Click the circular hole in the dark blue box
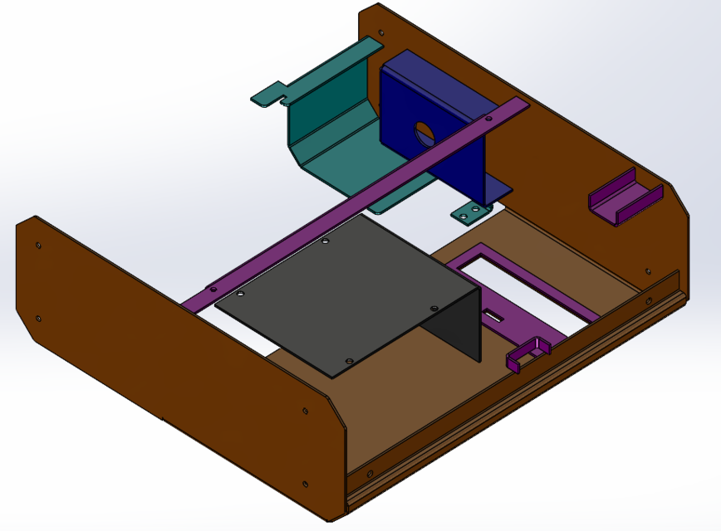click(424, 133)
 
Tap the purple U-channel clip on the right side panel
click(625, 197)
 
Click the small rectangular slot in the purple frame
click(493, 316)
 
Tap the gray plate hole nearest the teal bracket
click(325, 241)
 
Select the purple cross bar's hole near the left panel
click(213, 289)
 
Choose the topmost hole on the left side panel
click(37, 245)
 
